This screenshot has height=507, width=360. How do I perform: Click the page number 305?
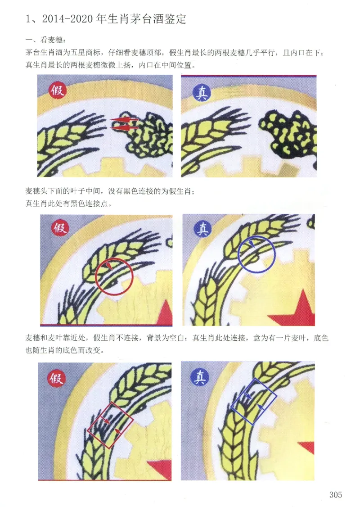click(335, 494)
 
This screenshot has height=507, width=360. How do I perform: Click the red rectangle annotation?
click(110, 425)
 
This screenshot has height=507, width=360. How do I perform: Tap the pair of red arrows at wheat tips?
click(124, 124)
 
